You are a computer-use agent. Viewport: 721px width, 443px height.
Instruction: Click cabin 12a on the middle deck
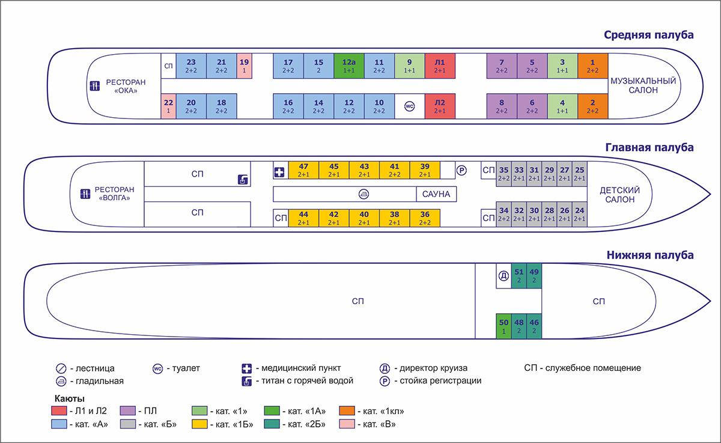[x=349, y=66]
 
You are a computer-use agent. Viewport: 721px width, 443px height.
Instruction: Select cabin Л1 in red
[x=440, y=66]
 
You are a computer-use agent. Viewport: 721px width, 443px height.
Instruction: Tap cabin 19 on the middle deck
[x=245, y=66]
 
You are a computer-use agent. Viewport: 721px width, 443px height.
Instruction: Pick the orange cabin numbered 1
[x=592, y=66]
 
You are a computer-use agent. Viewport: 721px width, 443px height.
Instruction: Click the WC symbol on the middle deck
[x=409, y=106]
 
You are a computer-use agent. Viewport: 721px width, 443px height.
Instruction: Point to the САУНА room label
[x=436, y=194]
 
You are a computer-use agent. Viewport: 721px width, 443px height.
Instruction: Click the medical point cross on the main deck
[x=279, y=173]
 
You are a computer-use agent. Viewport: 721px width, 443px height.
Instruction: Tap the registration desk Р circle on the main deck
[x=461, y=170]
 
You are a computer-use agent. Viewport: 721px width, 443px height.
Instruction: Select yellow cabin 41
[x=395, y=170]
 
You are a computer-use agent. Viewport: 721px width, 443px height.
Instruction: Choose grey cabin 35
[x=503, y=174]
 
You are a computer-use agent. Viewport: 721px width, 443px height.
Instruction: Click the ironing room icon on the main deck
[x=364, y=194]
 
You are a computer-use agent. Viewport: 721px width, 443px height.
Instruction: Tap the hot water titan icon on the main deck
[x=243, y=179]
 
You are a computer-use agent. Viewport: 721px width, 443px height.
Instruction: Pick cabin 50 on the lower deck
[x=503, y=326]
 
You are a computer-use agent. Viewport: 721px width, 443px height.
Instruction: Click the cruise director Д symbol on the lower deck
[x=503, y=275]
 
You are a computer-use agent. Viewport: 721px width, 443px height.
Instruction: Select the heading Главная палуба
[x=650, y=147]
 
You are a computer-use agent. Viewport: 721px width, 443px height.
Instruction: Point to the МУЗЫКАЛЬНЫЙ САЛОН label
[x=643, y=85]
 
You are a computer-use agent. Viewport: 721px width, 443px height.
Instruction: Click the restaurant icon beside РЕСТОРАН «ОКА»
[x=95, y=86]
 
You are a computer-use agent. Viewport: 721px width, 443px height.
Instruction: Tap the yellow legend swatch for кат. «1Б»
[x=199, y=424]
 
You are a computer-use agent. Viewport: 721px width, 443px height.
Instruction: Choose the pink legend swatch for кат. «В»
[x=347, y=424]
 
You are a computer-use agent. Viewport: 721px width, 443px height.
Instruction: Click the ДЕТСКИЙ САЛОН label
[x=620, y=195]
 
